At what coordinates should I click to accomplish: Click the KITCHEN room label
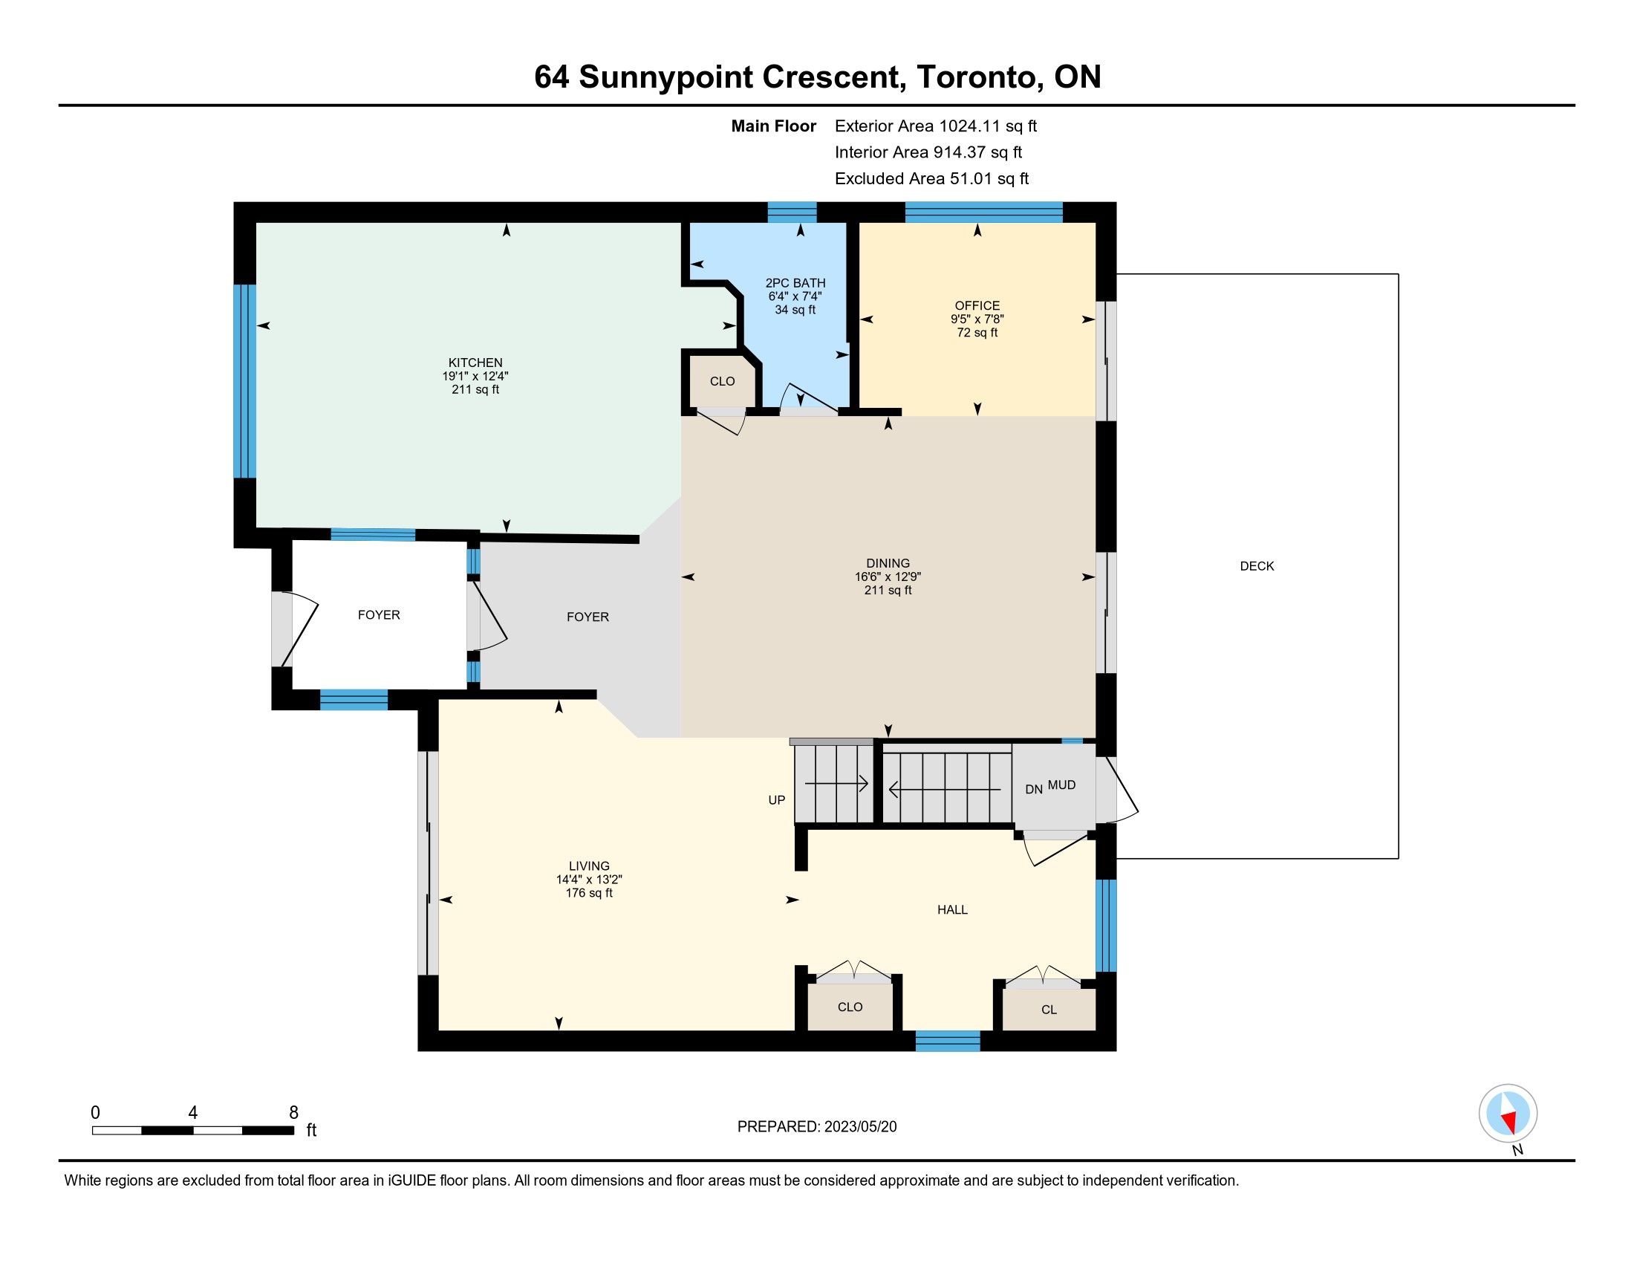pos(475,363)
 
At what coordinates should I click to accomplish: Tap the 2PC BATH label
pos(795,283)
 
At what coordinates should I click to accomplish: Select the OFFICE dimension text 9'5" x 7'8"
pos(977,319)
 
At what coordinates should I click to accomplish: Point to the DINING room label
pos(888,563)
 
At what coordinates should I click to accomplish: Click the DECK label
pos(1257,566)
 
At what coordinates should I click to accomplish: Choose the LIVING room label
pos(589,866)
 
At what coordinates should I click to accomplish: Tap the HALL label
pos(952,910)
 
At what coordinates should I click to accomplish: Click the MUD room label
pos(1061,785)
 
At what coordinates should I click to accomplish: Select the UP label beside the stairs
pos(777,800)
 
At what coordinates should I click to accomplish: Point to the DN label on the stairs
pos(1034,789)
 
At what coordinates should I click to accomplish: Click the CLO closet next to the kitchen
pos(723,382)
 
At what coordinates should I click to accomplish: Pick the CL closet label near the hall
pos(1049,1010)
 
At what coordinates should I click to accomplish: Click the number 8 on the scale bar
pos(293,1112)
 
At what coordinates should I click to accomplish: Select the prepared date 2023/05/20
pos(860,1127)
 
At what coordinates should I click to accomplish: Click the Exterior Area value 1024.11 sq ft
pos(989,126)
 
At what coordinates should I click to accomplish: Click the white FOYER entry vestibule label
pos(379,615)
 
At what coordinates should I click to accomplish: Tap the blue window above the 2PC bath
pos(792,212)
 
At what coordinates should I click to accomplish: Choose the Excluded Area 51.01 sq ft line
pos(931,179)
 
